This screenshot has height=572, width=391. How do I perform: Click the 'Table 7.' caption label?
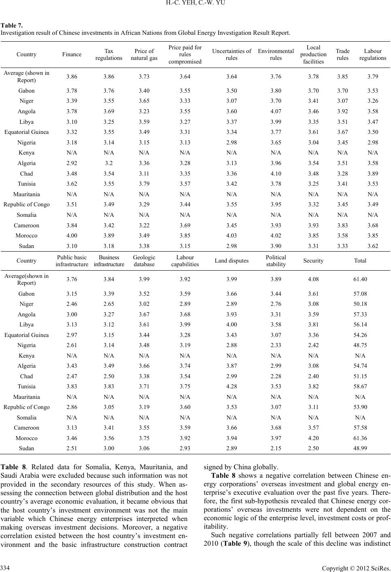coord(12,25)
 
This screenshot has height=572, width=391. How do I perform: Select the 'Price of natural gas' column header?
coord(144,54)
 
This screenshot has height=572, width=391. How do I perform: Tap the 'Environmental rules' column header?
coord(276,54)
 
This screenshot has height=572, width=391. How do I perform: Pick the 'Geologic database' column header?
coord(144,261)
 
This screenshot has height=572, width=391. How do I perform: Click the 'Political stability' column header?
coord(276,261)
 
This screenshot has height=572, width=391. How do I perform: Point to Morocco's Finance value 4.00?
coord(72,235)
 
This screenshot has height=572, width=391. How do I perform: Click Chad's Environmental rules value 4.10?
coord(276,174)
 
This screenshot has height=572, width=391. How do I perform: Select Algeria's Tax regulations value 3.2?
coord(108,163)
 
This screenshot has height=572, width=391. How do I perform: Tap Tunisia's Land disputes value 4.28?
coord(232,386)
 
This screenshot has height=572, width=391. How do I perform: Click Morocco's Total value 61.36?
coord(360,438)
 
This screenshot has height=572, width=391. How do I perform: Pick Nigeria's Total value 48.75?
coord(360,345)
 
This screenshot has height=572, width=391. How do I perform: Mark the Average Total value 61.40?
coord(360,279)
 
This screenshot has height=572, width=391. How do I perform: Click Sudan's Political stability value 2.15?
coord(276,448)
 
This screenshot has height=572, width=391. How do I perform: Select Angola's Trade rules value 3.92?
coord(342,111)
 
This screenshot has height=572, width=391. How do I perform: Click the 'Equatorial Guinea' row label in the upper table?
coord(26,132)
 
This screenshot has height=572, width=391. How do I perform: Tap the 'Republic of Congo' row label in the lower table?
coord(26,407)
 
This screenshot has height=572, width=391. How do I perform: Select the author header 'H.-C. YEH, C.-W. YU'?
coord(195,3)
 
